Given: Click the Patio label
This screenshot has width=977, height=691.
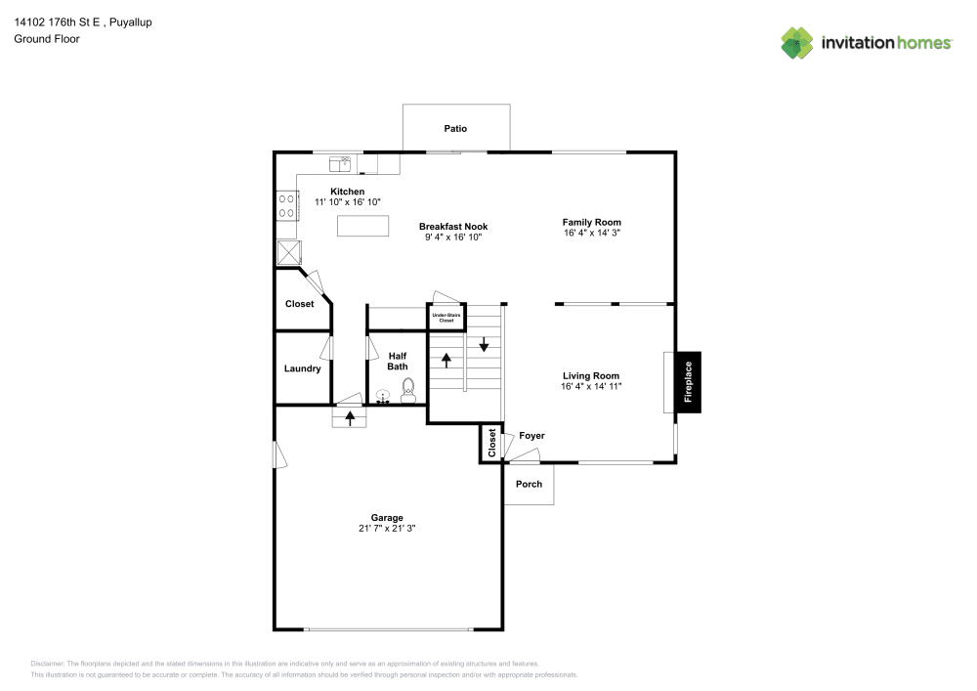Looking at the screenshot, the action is tap(455, 128).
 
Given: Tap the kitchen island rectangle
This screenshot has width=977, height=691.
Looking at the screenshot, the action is tap(362, 226).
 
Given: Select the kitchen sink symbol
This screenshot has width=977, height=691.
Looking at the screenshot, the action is tap(340, 164).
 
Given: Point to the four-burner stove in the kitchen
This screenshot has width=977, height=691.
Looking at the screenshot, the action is tap(286, 205).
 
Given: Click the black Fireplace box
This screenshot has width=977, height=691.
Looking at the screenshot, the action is tap(689, 382).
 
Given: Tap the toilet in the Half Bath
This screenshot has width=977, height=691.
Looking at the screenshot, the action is tap(408, 391).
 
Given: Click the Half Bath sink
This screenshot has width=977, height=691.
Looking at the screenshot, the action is tap(383, 396).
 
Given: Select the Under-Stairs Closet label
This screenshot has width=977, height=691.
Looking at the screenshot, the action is tap(446, 318).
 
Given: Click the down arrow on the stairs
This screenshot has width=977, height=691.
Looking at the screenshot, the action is tap(484, 345).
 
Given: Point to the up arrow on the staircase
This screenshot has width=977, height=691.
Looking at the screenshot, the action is tap(446, 360).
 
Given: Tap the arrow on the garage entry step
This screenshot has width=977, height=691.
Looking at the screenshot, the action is tap(350, 418).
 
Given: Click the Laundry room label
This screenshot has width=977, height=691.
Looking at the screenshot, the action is tap(302, 368).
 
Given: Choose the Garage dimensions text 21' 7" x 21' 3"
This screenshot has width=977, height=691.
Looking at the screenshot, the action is tap(387, 528).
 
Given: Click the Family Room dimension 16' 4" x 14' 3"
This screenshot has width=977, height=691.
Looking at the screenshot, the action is tap(592, 233).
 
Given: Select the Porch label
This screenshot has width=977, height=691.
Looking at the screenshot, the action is tap(529, 484).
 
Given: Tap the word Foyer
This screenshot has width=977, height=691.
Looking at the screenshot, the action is tap(531, 436).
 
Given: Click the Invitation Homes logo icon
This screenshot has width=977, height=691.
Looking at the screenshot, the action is tap(797, 43).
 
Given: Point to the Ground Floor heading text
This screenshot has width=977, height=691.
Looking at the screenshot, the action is tap(47, 39).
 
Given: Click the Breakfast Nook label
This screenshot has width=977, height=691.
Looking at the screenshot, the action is tap(453, 226).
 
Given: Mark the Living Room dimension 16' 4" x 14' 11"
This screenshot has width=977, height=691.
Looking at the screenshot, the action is tap(591, 386).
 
